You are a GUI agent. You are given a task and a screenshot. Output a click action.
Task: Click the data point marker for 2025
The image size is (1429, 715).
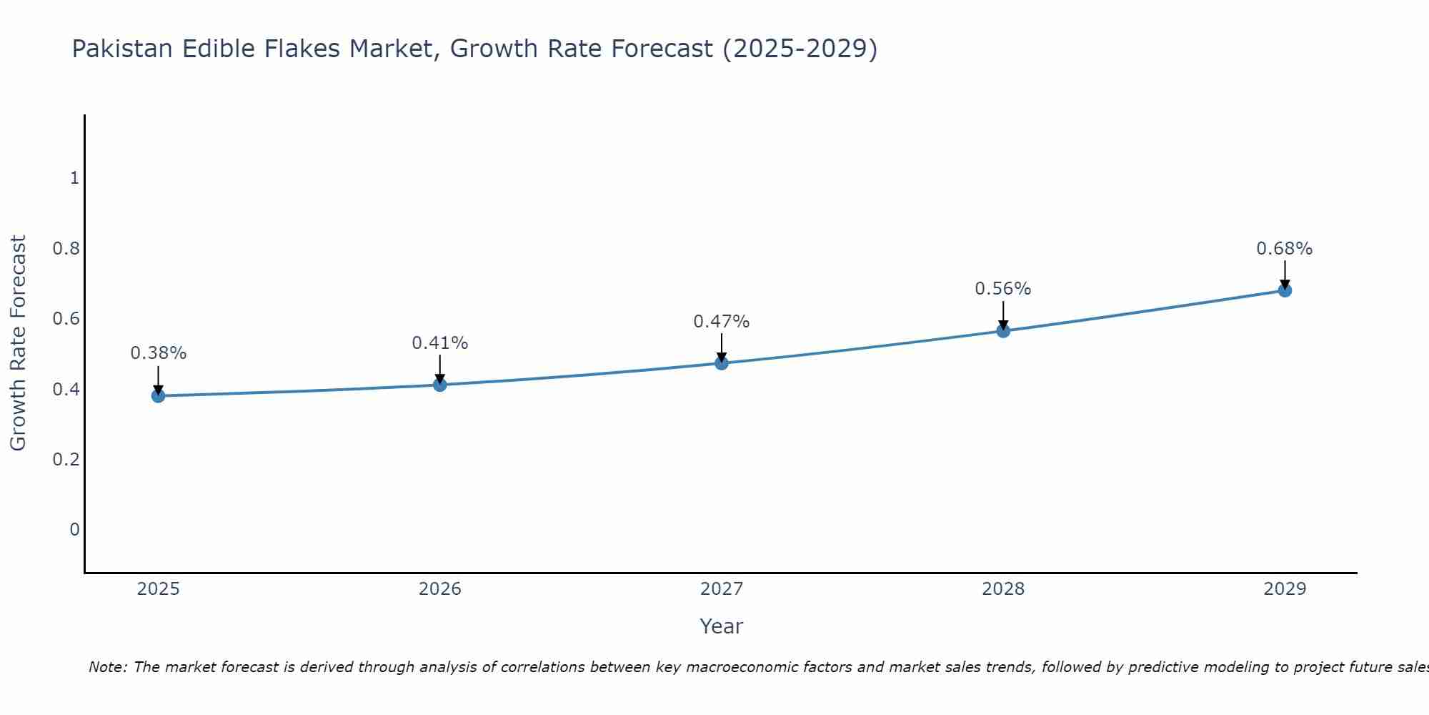coord(158,395)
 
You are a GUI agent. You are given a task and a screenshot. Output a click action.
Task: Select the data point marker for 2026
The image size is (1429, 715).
coord(439,385)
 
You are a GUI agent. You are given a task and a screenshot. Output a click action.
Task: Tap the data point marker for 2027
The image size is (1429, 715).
coord(721,363)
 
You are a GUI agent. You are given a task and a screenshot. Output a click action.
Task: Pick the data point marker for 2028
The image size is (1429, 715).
coord(1003,330)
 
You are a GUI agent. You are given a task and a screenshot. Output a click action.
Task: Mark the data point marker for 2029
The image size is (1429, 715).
coord(1285,290)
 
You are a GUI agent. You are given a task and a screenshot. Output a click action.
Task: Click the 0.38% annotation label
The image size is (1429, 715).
coord(158,353)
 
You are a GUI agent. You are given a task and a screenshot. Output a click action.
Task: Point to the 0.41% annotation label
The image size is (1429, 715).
coord(439,343)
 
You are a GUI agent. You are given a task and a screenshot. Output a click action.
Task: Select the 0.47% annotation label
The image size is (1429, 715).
coord(721,322)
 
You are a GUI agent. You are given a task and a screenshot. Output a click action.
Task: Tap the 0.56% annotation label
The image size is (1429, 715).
coord(1003,289)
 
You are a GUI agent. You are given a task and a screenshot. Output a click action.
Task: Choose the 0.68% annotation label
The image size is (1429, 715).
coord(1285,249)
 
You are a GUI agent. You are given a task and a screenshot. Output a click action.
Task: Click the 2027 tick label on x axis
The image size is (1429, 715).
coord(721,589)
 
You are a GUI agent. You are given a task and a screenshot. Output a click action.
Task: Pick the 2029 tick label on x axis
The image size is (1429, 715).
coord(1285,589)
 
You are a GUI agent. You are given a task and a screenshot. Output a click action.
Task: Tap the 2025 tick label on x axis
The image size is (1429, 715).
coord(158,589)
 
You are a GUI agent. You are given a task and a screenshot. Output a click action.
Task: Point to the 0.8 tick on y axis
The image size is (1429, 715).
coord(66,249)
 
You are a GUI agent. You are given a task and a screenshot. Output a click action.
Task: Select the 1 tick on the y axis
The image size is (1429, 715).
coord(74,178)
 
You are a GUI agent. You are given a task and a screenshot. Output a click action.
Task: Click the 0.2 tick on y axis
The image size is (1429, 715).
coord(66,459)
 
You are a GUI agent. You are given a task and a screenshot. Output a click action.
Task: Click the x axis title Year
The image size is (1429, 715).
coord(721,626)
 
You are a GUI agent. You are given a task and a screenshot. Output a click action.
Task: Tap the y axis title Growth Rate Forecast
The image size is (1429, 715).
coord(18,343)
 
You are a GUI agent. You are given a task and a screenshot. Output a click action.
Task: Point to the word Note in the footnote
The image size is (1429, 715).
coord(106,667)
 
